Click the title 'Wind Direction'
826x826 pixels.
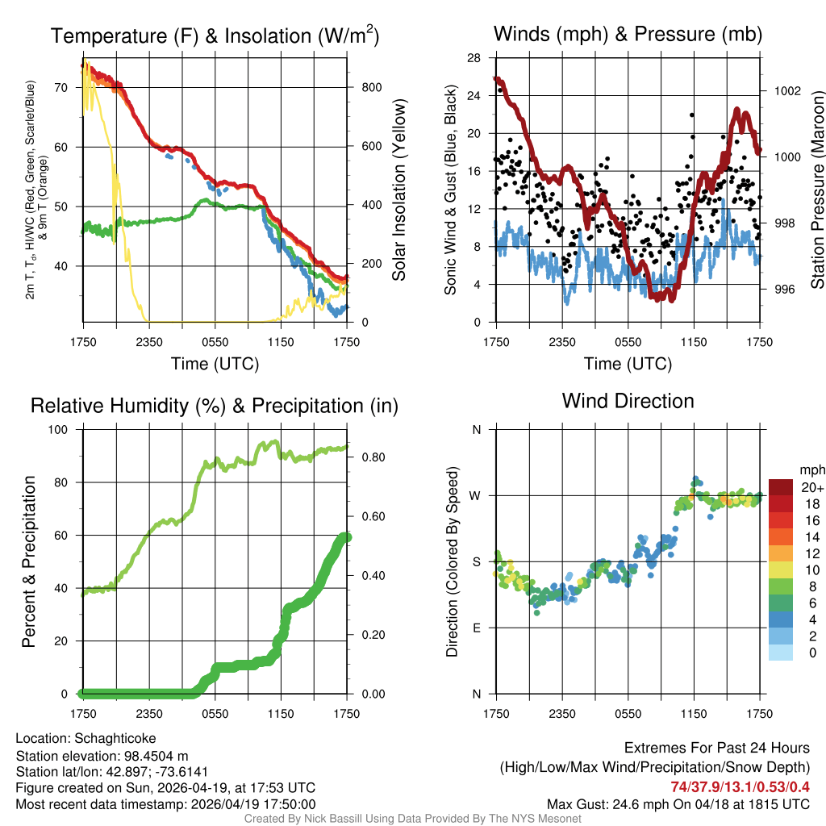pyautogui.click(x=628, y=401)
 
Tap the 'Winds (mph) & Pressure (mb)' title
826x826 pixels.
pyautogui.click(x=628, y=34)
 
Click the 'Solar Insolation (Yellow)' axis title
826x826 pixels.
pyautogui.click(x=399, y=190)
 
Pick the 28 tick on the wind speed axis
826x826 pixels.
pyautogui.click(x=474, y=57)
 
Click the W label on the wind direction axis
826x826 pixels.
pyautogui.click(x=476, y=496)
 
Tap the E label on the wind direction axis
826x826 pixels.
pyautogui.click(x=477, y=628)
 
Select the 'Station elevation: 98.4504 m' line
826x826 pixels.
pyautogui.click(x=102, y=755)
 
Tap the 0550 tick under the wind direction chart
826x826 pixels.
pyautogui.click(x=628, y=713)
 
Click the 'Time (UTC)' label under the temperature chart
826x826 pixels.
pyautogui.click(x=215, y=364)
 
